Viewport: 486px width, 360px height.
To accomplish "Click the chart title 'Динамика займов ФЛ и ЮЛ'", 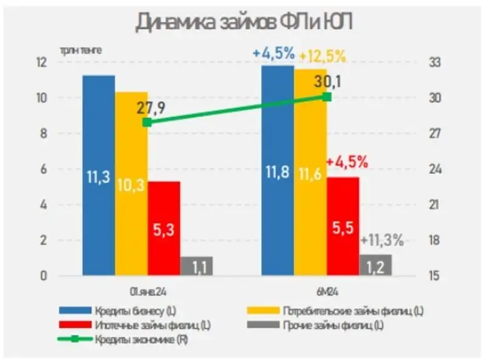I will (243, 22).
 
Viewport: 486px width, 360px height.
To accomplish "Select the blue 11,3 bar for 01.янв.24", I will (98, 176).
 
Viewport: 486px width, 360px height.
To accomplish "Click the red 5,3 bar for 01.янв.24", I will (164, 228).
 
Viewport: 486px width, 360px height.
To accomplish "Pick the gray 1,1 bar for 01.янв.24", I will (196, 266).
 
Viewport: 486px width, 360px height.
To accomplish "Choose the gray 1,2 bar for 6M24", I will (375, 265).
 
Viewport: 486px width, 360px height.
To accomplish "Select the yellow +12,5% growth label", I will (323, 57).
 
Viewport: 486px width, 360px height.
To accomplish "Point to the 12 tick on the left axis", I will (41, 63).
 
